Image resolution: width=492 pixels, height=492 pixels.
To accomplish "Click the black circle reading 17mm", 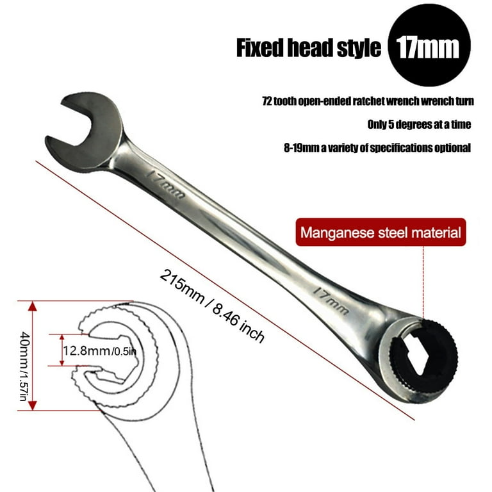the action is point(429,45).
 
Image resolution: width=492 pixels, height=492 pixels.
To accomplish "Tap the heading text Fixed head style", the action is point(308,47).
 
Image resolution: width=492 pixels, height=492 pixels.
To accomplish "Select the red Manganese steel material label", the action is point(381,232).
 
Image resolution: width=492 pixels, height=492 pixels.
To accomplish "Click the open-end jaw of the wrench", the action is point(84,133).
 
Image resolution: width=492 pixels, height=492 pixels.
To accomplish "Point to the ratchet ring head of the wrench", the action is point(417,360).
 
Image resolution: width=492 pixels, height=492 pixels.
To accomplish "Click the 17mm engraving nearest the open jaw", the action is point(166,184).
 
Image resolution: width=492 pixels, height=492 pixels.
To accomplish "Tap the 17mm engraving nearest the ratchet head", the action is point(331,300).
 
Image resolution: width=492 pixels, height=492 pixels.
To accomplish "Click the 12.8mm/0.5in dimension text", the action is point(100,350).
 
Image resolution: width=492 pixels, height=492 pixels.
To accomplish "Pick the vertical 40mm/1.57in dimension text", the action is point(24,366).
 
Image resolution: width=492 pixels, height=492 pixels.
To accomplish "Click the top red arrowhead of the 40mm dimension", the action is point(33,306).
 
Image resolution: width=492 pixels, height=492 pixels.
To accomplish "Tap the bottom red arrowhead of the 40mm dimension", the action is point(33,406).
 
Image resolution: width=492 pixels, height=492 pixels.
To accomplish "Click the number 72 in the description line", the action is point(267,101).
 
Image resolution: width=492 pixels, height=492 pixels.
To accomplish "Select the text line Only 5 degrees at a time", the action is point(419,124).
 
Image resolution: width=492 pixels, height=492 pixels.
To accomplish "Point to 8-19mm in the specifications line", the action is point(301,147).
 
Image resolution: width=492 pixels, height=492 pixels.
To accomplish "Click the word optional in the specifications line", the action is point(452,147).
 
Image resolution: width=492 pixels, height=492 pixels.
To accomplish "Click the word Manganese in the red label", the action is point(338,233).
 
